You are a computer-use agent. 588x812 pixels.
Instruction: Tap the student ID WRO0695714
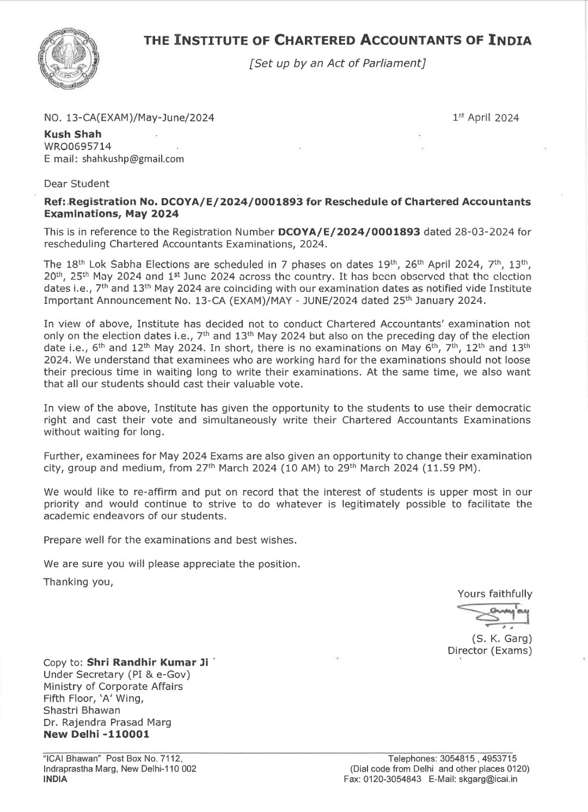click(78, 146)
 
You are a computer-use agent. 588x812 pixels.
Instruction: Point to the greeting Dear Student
click(76, 184)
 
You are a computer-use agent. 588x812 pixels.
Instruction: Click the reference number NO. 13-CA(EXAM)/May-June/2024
click(128, 118)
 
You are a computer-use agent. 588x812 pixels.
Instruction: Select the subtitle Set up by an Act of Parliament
click(336, 63)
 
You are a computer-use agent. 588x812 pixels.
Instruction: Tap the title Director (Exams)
click(489, 650)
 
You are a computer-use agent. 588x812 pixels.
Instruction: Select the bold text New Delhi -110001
click(96, 734)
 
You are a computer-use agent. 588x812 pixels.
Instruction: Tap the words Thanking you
click(78, 582)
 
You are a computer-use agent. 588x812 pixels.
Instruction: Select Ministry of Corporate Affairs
click(113, 686)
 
